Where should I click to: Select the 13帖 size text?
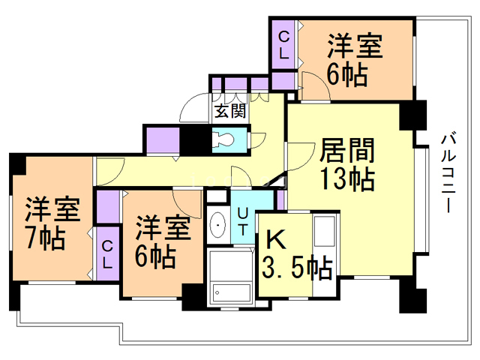pos(347,179)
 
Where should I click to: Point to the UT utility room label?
pos(244,221)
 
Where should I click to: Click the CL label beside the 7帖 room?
pos(107,255)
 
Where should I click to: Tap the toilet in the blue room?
pos(224,139)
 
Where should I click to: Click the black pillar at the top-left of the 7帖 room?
pos(16,164)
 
